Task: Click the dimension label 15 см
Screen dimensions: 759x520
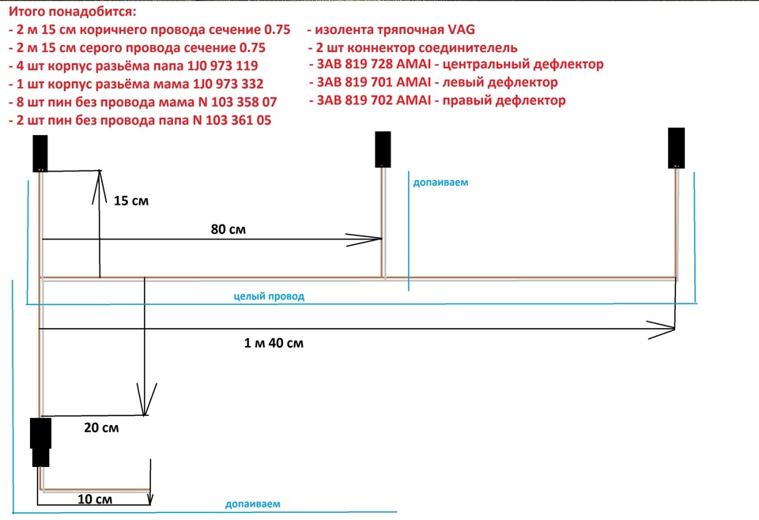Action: pyautogui.click(x=131, y=200)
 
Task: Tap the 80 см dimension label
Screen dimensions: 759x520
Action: pyautogui.click(x=228, y=229)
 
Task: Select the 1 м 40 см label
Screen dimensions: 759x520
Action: pyautogui.click(x=274, y=343)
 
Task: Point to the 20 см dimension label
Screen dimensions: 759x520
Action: pyautogui.click(x=101, y=428)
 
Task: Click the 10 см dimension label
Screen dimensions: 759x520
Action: pyautogui.click(x=95, y=499)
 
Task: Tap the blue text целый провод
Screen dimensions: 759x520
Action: pyautogui.click(x=269, y=296)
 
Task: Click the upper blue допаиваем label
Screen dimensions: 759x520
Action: pyautogui.click(x=440, y=183)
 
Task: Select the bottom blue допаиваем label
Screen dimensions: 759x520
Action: pyautogui.click(x=253, y=503)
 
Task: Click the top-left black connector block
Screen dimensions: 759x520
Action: pyautogui.click(x=40, y=153)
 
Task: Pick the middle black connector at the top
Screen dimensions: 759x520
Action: pyautogui.click(x=383, y=149)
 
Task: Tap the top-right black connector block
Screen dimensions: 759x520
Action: pyautogui.click(x=676, y=148)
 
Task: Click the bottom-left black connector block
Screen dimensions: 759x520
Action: pyautogui.click(x=40, y=442)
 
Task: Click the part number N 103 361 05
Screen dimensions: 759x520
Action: pyautogui.click(x=232, y=120)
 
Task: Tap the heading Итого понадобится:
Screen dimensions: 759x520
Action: pyautogui.click(x=73, y=10)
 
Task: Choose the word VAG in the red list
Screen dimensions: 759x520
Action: pyautogui.click(x=461, y=29)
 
